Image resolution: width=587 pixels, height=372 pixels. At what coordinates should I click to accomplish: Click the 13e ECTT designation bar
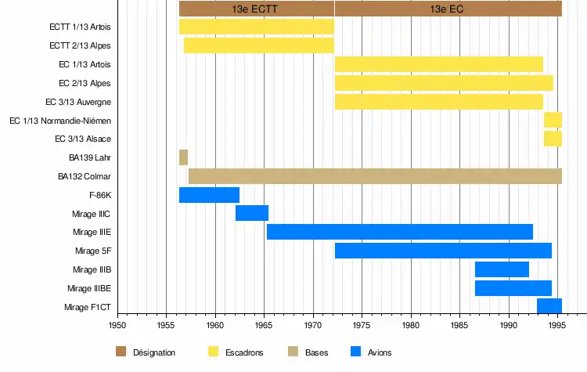point(256,9)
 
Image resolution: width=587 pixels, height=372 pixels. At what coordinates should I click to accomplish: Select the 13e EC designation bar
point(448,9)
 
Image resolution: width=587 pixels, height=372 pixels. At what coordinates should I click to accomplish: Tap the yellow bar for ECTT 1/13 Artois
point(256,27)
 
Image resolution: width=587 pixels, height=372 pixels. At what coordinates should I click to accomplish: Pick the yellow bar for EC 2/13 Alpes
point(444,83)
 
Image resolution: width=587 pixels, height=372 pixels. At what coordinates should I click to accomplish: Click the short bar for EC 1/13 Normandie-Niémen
point(553,120)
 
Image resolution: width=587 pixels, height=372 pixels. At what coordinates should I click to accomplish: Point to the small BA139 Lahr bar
point(183,157)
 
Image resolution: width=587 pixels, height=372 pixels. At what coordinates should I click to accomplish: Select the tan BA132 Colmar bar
point(375,176)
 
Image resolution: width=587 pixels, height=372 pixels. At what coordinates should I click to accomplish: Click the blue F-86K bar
point(209,195)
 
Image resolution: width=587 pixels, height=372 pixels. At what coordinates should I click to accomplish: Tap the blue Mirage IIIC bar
point(252,213)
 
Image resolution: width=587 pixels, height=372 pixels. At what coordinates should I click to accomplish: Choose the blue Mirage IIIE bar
point(400,232)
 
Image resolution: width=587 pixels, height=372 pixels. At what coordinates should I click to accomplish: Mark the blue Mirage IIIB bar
point(502,269)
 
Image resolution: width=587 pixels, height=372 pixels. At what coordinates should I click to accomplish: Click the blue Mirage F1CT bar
point(549,305)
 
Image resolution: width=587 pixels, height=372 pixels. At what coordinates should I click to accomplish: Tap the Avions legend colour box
point(357,352)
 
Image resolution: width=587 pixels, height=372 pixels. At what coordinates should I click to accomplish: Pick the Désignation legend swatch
point(121,352)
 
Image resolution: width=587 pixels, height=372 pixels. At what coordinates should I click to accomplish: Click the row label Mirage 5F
point(93,251)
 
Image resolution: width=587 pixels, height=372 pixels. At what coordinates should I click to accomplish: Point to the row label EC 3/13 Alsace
point(83,139)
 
